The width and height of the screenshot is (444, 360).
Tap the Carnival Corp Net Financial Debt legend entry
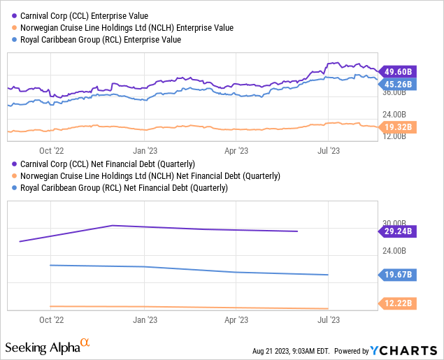113,163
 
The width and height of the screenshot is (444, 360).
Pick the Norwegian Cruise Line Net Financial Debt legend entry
148,175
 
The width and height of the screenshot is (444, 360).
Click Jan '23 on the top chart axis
144,149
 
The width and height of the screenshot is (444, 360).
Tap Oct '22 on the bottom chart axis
51,319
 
